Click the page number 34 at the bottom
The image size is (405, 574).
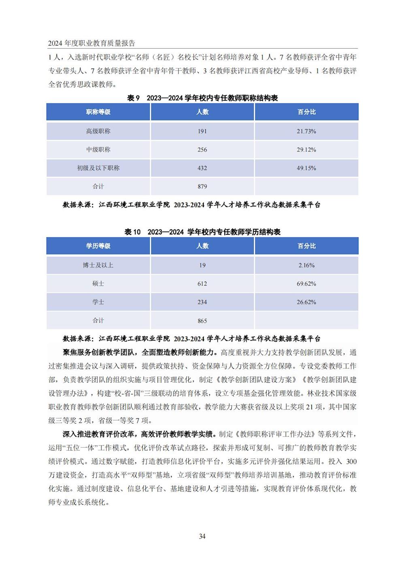tap(202, 536)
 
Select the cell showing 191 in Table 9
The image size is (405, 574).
tap(202, 131)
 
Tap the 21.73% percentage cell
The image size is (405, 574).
tap(306, 131)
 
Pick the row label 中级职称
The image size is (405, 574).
tap(98, 149)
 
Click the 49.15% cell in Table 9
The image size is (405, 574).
tap(306, 168)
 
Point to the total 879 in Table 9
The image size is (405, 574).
tap(202, 187)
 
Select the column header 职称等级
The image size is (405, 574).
tap(98, 112)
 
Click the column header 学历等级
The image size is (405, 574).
tap(98, 246)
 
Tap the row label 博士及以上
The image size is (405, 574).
tap(98, 265)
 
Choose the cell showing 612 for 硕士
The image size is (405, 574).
tap(202, 284)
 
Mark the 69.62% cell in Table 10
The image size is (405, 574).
tap(306, 284)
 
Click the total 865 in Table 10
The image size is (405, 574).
tap(202, 321)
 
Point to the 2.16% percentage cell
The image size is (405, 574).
tap(306, 265)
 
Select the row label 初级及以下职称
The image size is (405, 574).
tap(98, 168)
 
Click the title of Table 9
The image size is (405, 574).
tap(202, 98)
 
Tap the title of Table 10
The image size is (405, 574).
tap(202, 232)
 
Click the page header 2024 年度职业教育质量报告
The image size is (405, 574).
tap(92, 43)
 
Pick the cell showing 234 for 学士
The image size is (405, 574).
tap(202, 302)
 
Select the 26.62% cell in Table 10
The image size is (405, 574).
tap(306, 302)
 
